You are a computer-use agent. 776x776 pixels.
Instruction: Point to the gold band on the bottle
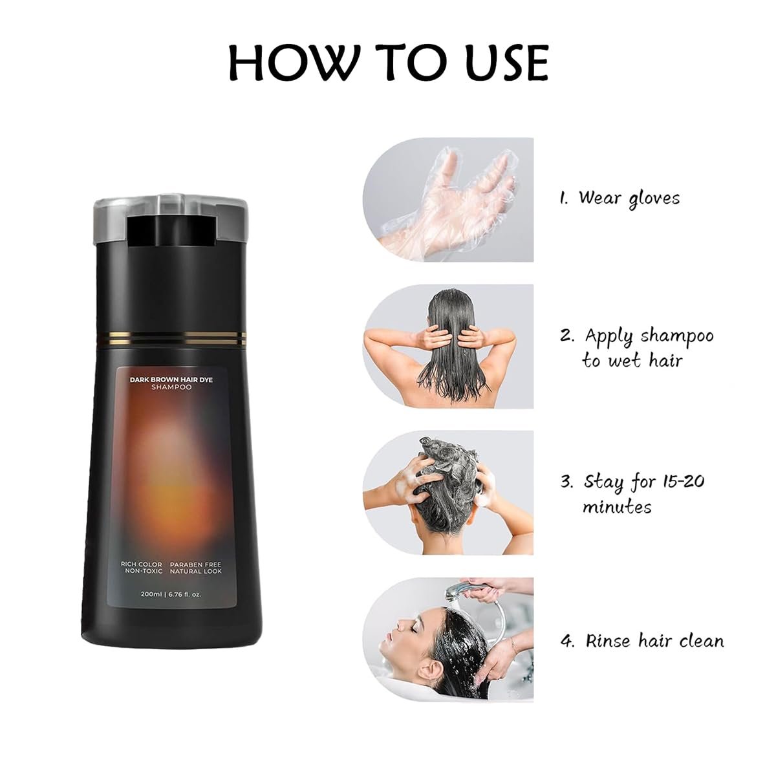pos(170,339)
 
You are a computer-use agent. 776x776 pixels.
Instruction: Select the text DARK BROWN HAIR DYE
pos(171,380)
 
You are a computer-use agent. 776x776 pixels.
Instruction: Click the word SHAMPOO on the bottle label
pos(171,387)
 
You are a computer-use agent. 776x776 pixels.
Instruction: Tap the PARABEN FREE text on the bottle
pos(195,565)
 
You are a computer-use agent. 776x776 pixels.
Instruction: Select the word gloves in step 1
pos(654,199)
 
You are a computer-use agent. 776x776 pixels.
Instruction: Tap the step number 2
pos(566,336)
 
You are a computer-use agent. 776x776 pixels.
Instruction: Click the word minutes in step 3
pos(616,506)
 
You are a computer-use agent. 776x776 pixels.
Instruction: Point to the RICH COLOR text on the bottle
pos(142,565)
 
